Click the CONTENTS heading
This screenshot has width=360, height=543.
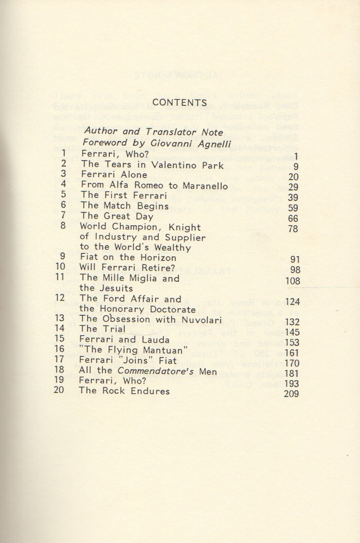[179, 102]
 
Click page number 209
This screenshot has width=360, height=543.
[292, 394]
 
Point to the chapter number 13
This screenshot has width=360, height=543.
[59, 319]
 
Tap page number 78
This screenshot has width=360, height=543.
[293, 229]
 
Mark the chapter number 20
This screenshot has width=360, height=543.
[59, 390]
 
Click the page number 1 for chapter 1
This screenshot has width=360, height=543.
[296, 156]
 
